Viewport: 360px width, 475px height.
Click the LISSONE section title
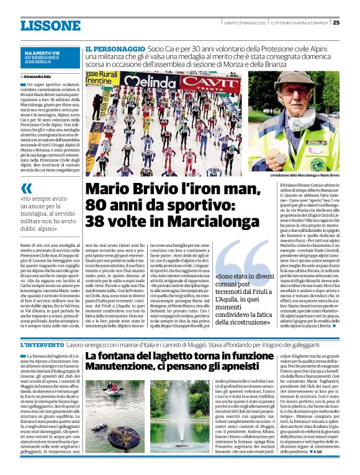coord(50,25)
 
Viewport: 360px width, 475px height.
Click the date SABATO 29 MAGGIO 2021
coord(246,23)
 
